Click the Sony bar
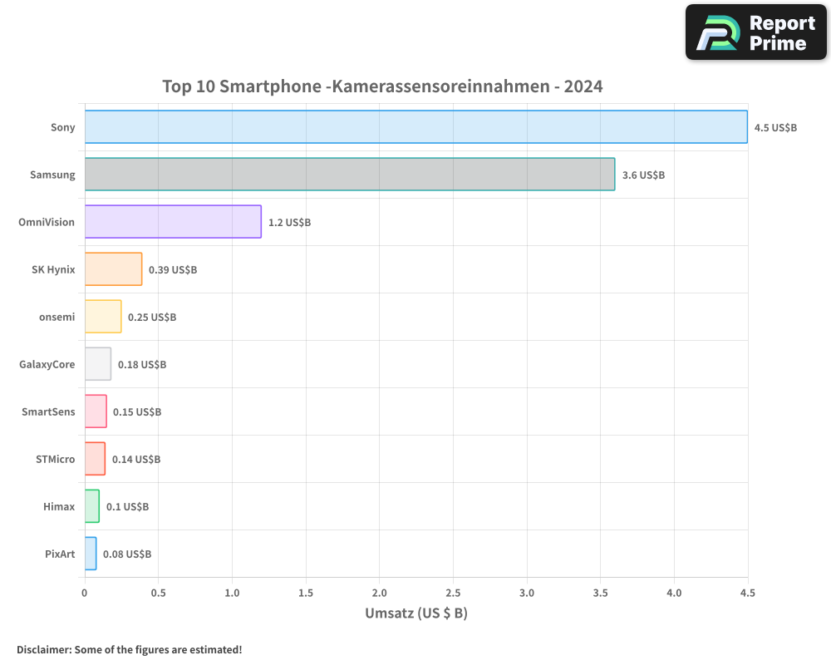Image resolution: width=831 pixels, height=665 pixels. coord(415,127)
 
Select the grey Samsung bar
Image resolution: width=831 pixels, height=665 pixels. coord(349,175)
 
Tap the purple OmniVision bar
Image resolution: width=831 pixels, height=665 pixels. coord(173,222)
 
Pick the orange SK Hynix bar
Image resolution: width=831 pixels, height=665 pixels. coord(113,269)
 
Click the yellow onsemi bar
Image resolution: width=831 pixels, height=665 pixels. coord(103,317)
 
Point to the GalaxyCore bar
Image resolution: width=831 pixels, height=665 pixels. coord(97,364)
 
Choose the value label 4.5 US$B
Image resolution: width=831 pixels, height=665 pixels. coord(775,127)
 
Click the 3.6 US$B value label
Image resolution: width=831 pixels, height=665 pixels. coord(643,175)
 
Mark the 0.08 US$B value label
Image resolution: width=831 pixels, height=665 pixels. coord(127,554)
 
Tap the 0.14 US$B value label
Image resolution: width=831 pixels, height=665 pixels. coord(136,459)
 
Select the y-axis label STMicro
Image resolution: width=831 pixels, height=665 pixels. coord(55,459)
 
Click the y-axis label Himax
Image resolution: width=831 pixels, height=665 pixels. coord(59,506)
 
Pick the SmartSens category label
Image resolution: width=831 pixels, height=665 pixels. coord(48,411)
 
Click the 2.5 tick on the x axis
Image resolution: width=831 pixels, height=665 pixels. coord(453,593)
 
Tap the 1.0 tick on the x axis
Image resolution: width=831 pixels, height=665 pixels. coord(232,593)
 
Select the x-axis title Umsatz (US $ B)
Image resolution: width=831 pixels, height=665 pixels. coord(416,613)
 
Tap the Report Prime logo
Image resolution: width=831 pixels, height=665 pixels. coord(755,32)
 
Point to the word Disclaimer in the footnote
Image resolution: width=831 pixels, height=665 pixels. coord(42,649)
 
